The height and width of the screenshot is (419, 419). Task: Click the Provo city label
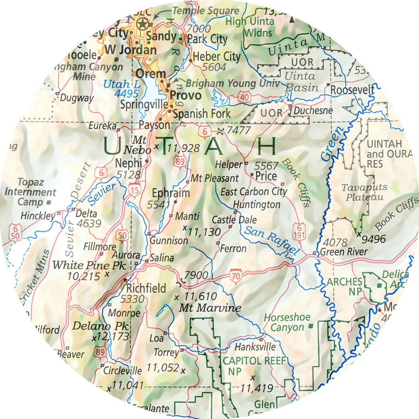coord(186,96)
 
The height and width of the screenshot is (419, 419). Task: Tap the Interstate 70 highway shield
coord(235,276)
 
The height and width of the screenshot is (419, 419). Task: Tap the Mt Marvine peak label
coord(210,308)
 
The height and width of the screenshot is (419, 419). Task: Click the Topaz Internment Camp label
coord(30,192)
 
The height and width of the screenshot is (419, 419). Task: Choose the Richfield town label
coord(146,288)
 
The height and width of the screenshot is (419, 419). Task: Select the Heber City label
coord(217,56)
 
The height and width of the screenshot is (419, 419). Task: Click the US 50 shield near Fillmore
coord(123,236)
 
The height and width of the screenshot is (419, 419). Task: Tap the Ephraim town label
coord(171,193)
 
